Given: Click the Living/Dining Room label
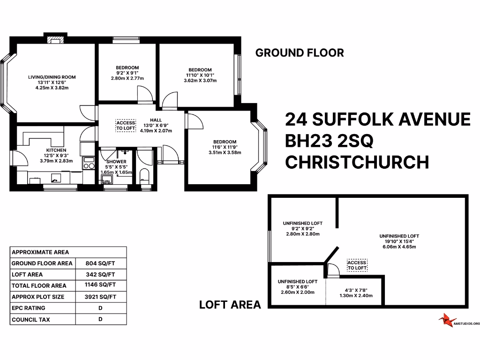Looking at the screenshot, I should (52, 77).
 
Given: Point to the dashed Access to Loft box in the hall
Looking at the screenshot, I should (125, 125).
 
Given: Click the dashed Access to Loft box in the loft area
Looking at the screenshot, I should (356, 266).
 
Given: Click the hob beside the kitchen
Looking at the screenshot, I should (89, 163).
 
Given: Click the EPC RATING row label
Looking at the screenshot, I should (28, 308).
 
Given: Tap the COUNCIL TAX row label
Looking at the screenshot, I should (30, 320).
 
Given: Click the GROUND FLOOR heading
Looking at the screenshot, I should (299, 52).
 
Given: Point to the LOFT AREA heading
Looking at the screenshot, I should (230, 305).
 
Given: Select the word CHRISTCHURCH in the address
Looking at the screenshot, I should (357, 162).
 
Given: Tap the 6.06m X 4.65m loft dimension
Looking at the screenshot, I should (399, 247).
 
